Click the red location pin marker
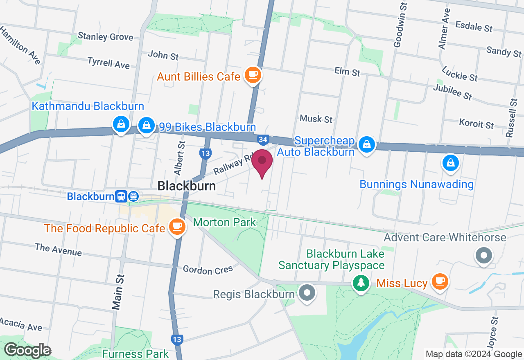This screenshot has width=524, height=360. (x=262, y=162)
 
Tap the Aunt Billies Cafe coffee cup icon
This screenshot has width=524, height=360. (x=253, y=75)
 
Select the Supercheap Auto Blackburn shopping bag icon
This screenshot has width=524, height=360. (x=367, y=144)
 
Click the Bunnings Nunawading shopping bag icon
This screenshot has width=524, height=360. (x=450, y=162)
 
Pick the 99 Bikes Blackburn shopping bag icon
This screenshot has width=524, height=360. (x=146, y=125)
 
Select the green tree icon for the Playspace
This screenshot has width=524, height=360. (x=361, y=282)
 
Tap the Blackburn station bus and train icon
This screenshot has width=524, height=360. (x=127, y=196)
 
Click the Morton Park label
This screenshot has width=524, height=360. (x=224, y=223)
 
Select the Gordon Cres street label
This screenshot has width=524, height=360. (x=208, y=270)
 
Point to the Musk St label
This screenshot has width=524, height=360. (x=316, y=119)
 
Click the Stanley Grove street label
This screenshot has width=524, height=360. (x=105, y=37)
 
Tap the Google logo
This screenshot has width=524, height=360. (x=27, y=351)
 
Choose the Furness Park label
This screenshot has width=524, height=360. (x=135, y=354)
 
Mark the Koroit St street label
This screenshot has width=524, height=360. (x=477, y=124)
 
